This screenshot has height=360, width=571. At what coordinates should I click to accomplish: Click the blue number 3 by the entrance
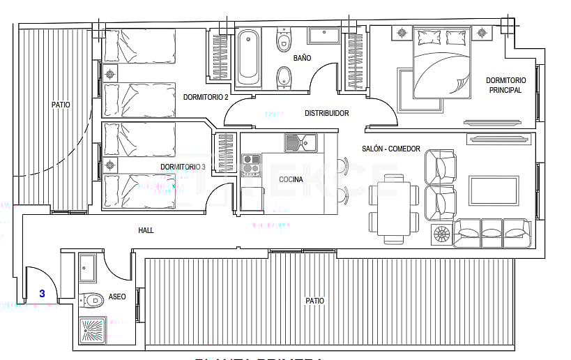coord(42,294)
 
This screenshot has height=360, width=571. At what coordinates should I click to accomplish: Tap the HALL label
coord(146,230)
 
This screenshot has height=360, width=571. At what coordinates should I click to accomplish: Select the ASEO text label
coord(117,297)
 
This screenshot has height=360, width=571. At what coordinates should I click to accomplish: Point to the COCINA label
coord(291,179)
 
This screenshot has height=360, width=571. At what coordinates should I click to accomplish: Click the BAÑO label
coord(302,58)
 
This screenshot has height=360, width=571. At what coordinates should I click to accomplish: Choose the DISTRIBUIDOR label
coord(326,113)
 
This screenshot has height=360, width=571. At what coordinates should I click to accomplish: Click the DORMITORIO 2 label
coord(206,98)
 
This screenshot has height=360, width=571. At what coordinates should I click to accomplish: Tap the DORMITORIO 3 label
coord(183,167)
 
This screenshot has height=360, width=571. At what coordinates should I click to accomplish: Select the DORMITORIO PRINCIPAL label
coord(505,85)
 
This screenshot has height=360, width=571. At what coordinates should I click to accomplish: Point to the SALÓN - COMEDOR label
coord(391,149)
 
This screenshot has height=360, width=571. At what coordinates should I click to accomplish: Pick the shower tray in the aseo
coord(93,331)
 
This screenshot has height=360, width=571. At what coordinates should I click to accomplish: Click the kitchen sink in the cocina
coord(300,143)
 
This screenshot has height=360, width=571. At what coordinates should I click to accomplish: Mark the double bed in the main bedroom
coord(441,63)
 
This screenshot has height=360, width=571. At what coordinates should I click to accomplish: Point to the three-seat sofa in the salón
coord(492,232)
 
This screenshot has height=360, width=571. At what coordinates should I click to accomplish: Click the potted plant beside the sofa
coord(442,234)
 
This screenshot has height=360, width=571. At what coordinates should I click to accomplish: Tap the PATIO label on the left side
coord(61,105)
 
